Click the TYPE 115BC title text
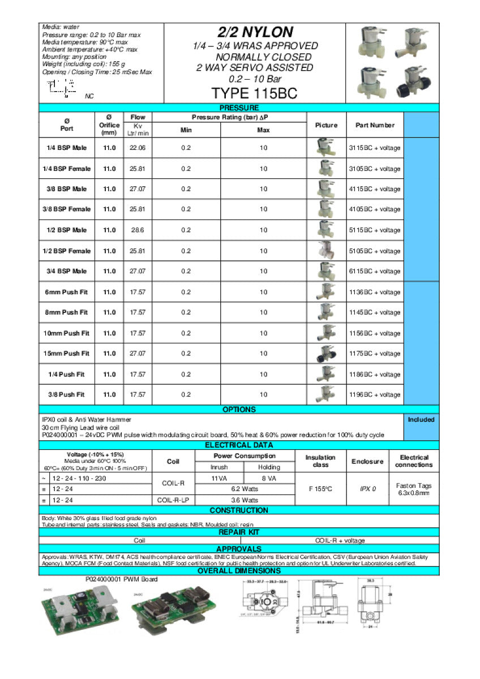[x=254, y=93]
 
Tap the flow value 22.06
[x=138, y=148]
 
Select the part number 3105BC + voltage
[x=374, y=169]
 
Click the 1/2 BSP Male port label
[x=67, y=230]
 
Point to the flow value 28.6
[x=138, y=230]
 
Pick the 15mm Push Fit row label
[x=67, y=353]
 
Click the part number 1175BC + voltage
[x=374, y=354]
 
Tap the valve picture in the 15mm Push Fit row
[x=326, y=353]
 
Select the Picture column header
[x=326, y=125]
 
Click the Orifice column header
[x=108, y=125]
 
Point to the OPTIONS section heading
[x=239, y=409]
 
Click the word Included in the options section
[x=421, y=420]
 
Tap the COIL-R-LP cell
[x=173, y=500]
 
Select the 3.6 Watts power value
[x=245, y=500]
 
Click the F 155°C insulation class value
[x=320, y=488]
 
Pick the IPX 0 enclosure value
[x=367, y=488]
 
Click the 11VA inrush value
[x=219, y=478]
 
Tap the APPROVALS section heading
[x=239, y=549]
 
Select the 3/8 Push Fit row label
[x=67, y=394]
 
